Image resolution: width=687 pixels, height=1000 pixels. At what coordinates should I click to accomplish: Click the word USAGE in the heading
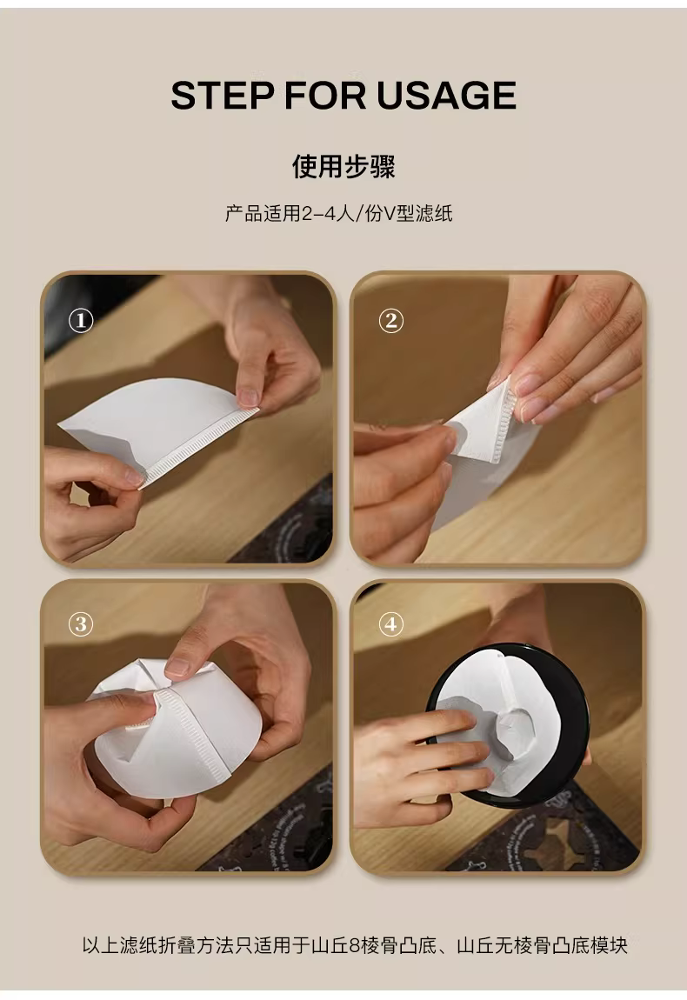[446, 96]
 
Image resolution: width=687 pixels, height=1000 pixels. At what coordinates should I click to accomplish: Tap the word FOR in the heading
[325, 96]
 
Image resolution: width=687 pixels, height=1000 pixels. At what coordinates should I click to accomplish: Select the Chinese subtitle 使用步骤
[343, 166]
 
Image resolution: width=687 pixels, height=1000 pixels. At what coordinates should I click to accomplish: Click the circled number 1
[81, 320]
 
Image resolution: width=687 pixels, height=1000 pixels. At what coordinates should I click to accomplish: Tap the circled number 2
[391, 320]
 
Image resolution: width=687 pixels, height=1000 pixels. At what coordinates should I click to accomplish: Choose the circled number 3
[81, 623]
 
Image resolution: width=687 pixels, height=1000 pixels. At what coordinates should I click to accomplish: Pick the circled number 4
[391, 623]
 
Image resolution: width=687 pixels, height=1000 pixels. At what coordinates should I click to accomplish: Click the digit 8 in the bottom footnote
[355, 945]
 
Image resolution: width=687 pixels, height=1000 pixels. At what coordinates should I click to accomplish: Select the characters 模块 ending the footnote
[610, 945]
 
